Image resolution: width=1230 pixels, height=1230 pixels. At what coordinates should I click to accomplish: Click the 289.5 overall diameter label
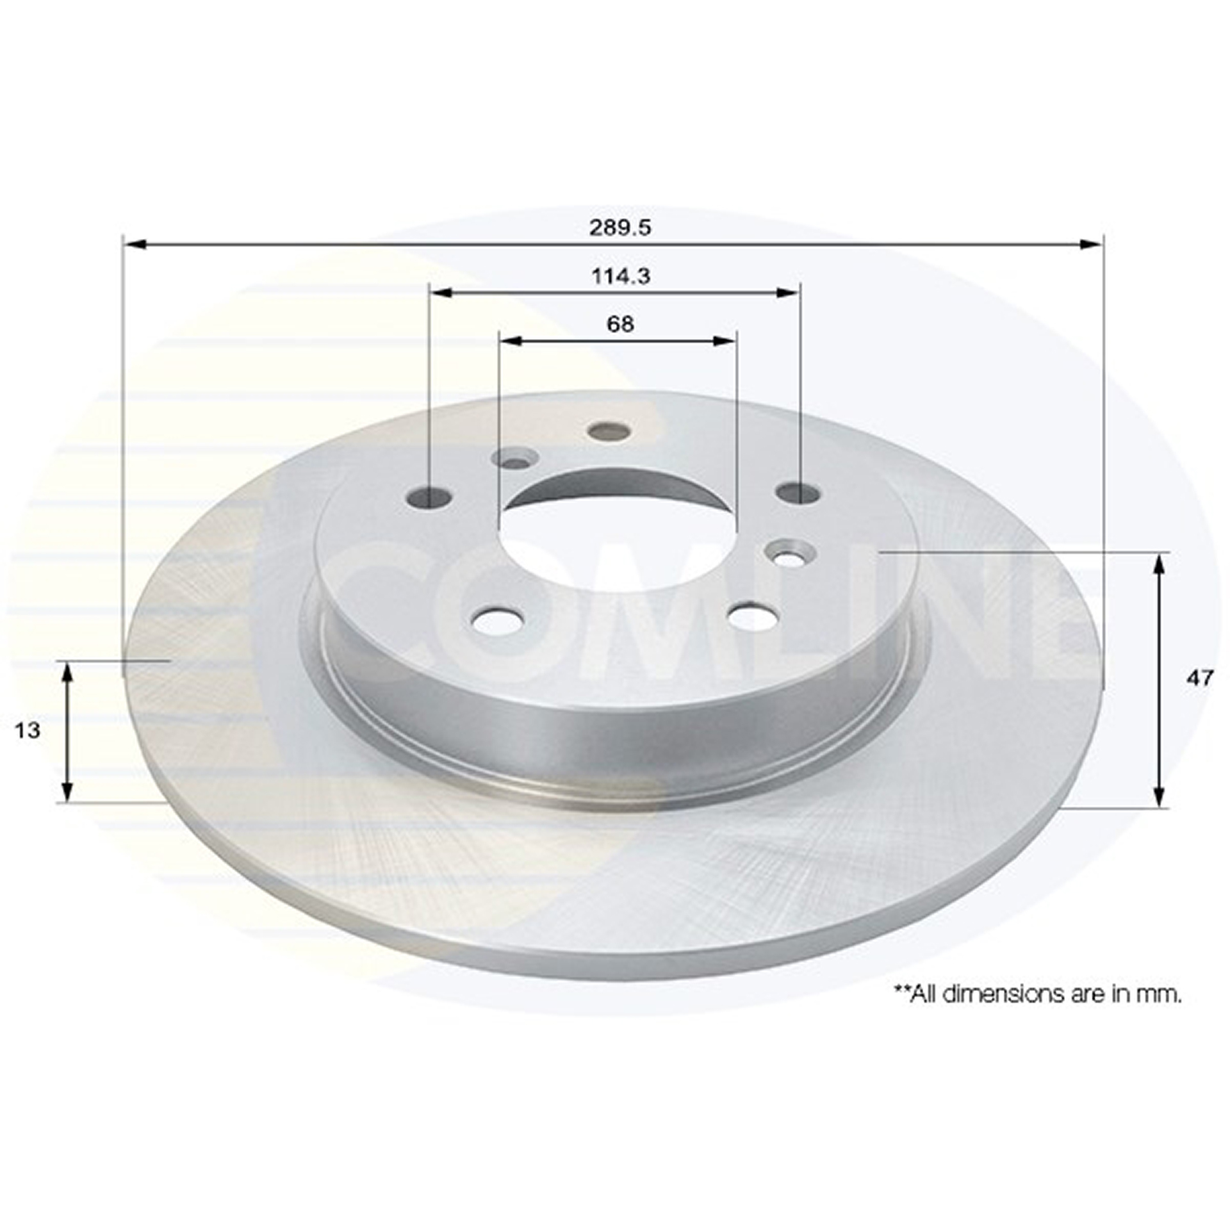619,227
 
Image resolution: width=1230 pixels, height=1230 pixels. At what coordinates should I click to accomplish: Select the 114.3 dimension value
620,276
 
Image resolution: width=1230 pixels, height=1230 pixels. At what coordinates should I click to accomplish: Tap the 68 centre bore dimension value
620,324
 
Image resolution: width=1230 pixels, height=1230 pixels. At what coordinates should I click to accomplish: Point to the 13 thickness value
28,730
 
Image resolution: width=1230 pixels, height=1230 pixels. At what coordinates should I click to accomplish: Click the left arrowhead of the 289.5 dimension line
136,244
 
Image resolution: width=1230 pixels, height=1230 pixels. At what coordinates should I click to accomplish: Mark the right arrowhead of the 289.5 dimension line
1090,244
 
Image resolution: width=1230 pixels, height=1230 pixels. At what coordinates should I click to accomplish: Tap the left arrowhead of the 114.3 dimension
443,293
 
